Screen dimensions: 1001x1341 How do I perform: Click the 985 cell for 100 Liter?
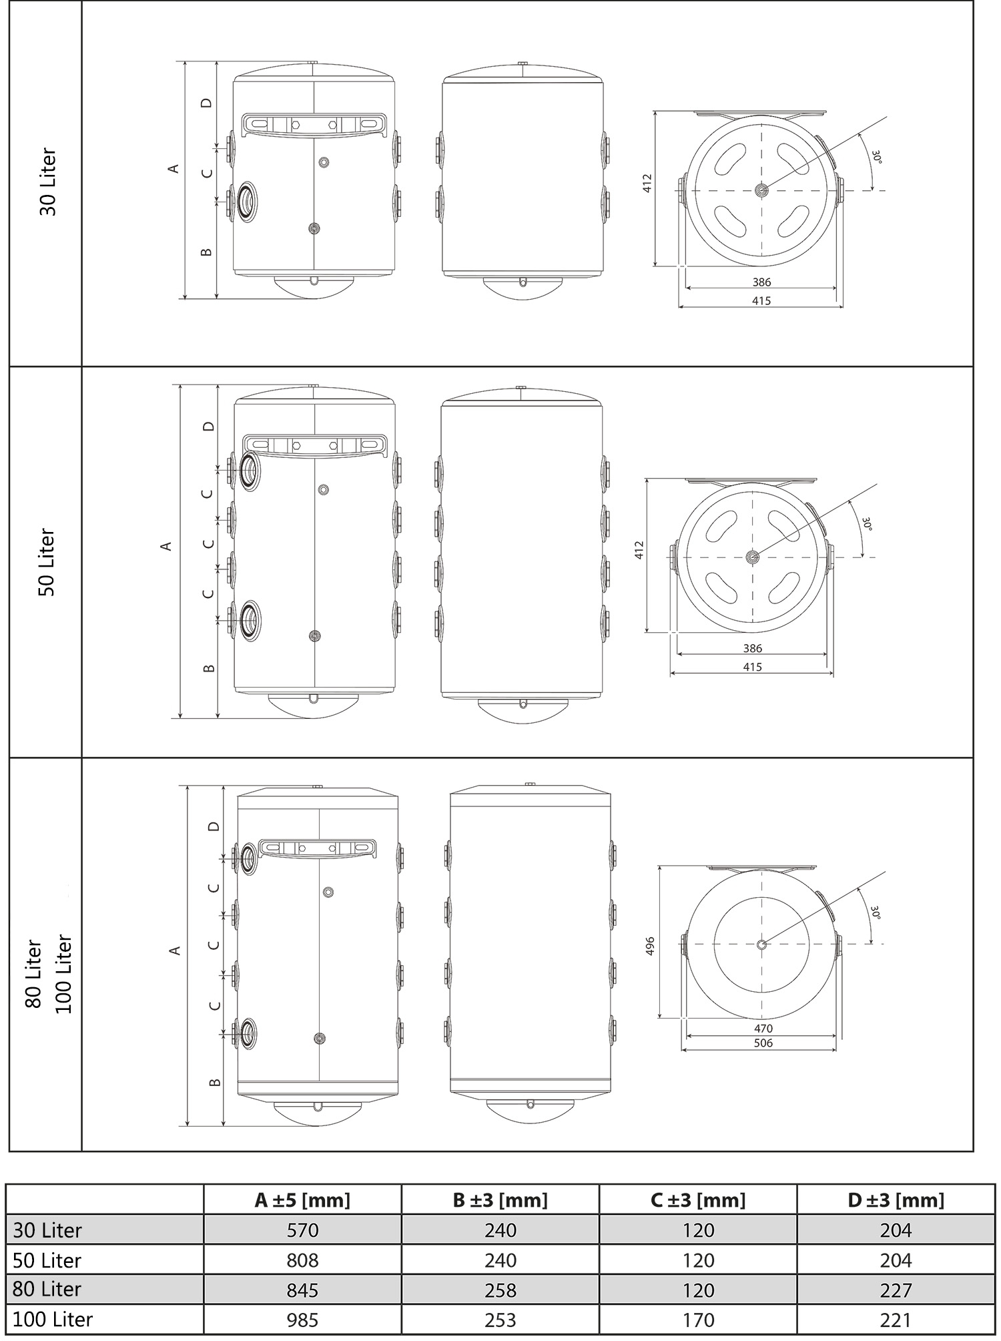(302, 1319)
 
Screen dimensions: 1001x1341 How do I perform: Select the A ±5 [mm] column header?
(302, 1200)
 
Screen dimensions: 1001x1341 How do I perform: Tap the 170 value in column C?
(698, 1319)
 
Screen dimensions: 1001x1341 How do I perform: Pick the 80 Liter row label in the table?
(47, 1289)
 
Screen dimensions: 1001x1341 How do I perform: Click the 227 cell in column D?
(896, 1289)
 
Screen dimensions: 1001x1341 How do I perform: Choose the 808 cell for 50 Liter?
(302, 1260)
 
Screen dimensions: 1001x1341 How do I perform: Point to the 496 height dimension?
(651, 945)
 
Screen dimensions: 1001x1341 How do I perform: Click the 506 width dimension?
(762, 1043)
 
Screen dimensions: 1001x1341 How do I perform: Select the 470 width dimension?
(762, 1028)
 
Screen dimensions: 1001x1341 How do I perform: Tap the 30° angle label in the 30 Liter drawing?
(876, 157)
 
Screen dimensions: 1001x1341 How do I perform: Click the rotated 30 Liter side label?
(49, 182)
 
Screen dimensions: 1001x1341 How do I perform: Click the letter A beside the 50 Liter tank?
(167, 546)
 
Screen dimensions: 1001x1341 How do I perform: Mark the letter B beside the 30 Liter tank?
(206, 252)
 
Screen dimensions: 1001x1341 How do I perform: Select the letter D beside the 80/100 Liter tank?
(214, 826)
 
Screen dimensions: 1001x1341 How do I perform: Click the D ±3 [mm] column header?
(896, 1200)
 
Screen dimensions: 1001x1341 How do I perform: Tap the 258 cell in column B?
(500, 1289)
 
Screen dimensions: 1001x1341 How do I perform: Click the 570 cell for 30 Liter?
(302, 1230)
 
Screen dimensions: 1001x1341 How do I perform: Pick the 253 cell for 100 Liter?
(500, 1319)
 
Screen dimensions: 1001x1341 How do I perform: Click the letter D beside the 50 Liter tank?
(209, 426)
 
